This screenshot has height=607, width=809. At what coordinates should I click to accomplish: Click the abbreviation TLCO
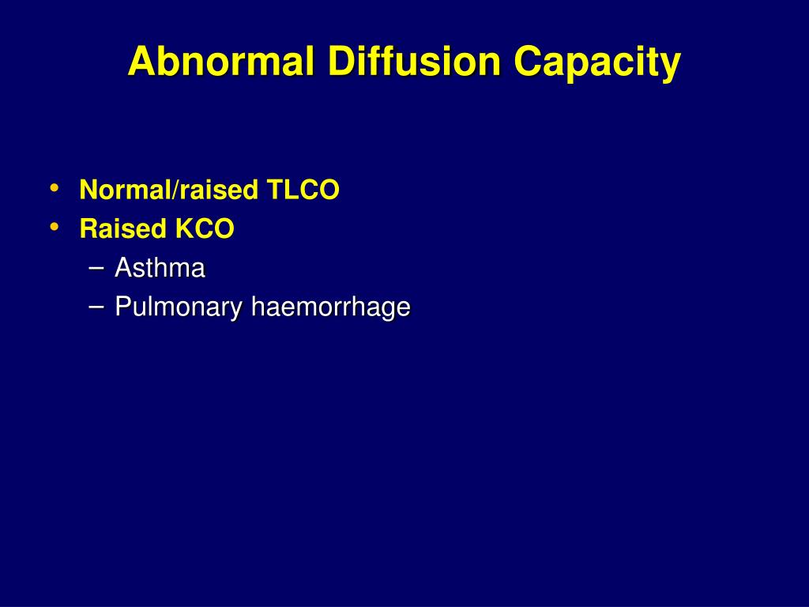tap(303, 190)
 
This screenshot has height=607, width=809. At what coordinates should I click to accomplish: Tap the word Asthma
tap(160, 269)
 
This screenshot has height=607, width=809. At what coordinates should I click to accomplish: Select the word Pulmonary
tap(179, 307)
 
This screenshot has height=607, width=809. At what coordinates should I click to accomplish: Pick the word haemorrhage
tap(330, 307)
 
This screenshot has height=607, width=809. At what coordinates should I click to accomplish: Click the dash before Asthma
tap(96, 268)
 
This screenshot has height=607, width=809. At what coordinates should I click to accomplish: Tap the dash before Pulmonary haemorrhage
tap(96, 307)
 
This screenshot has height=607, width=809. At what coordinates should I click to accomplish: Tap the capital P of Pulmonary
tap(122, 307)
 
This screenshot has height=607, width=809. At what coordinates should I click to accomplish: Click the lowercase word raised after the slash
tap(220, 190)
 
